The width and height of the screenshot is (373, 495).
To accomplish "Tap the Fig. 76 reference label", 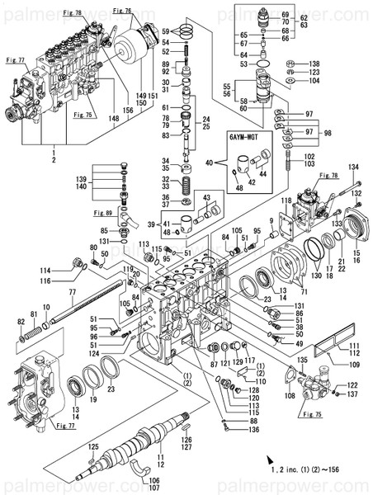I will (x=122, y=10).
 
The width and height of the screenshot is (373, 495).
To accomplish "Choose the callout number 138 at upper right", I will (x=314, y=64).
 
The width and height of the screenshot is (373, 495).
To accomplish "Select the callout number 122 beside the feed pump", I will (x=352, y=385).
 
